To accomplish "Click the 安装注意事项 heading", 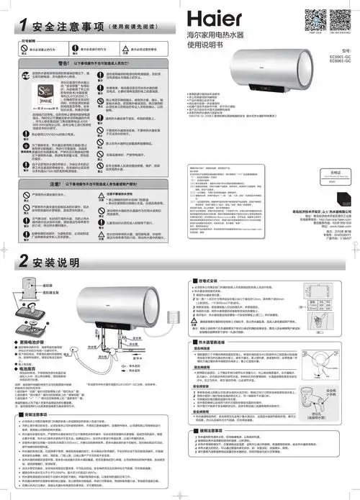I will tap(33, 415).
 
